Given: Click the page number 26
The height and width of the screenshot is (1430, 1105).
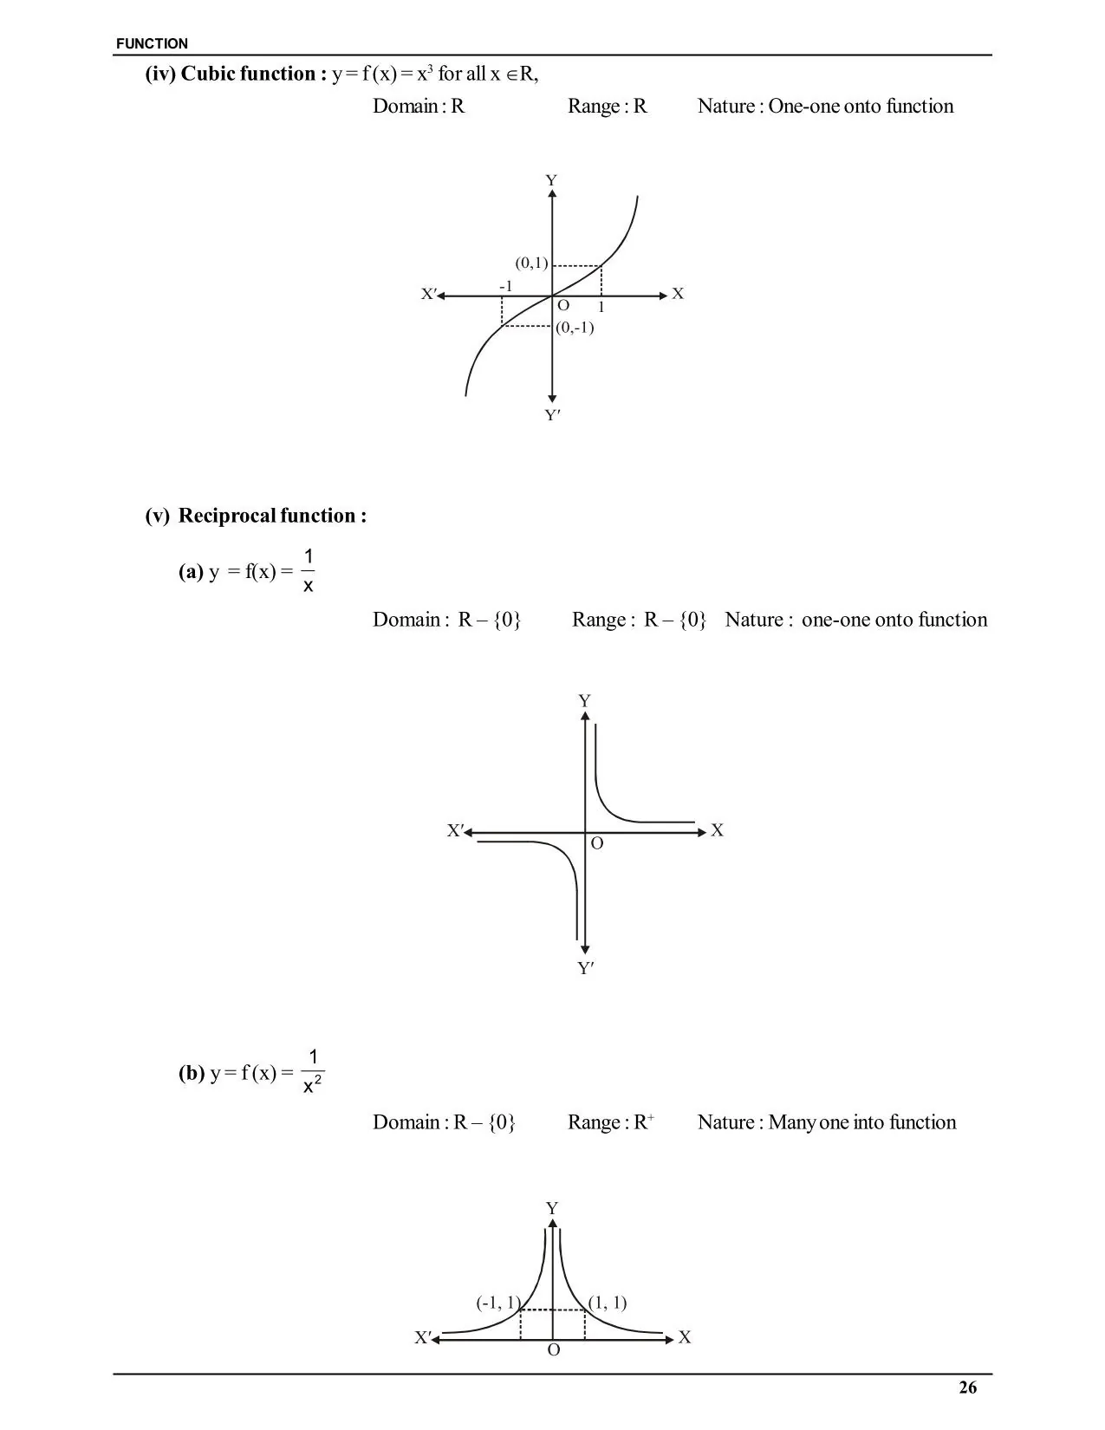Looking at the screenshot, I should pyautogui.click(x=967, y=1388).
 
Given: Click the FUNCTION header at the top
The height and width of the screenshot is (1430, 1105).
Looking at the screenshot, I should pyautogui.click(x=152, y=43).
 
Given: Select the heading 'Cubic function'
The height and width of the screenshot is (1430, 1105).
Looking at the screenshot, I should pyautogui.click(x=248, y=74).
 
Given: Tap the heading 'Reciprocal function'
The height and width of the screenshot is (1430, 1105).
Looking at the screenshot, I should pyautogui.click(x=272, y=516).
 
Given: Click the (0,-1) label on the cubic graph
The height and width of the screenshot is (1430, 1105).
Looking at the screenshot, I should pyautogui.click(x=575, y=328).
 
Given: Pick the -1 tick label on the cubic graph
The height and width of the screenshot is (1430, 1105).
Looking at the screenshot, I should pyautogui.click(x=505, y=286).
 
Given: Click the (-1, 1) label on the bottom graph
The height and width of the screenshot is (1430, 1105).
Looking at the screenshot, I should pyautogui.click(x=497, y=1303).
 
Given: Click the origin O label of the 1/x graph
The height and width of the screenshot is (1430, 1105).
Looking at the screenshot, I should pyautogui.click(x=596, y=843).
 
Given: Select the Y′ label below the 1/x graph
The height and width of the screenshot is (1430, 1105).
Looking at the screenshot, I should pyautogui.click(x=587, y=969).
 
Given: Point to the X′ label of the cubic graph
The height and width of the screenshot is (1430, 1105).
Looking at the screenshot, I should pyautogui.click(x=428, y=295).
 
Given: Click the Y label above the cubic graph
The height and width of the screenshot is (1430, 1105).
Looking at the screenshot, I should pyautogui.click(x=551, y=180).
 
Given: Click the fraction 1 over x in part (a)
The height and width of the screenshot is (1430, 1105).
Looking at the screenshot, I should pyautogui.click(x=309, y=571).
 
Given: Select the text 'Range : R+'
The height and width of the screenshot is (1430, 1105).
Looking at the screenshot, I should pyautogui.click(x=610, y=1122).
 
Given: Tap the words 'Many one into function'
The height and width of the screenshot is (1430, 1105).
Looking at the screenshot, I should pyautogui.click(x=861, y=1122).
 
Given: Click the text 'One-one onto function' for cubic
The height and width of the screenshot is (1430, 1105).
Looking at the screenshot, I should pyautogui.click(x=861, y=107).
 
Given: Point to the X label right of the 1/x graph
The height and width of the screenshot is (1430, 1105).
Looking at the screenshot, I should pyautogui.click(x=717, y=831).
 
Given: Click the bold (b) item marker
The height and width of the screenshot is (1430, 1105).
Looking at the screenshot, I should pyautogui.click(x=192, y=1073).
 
